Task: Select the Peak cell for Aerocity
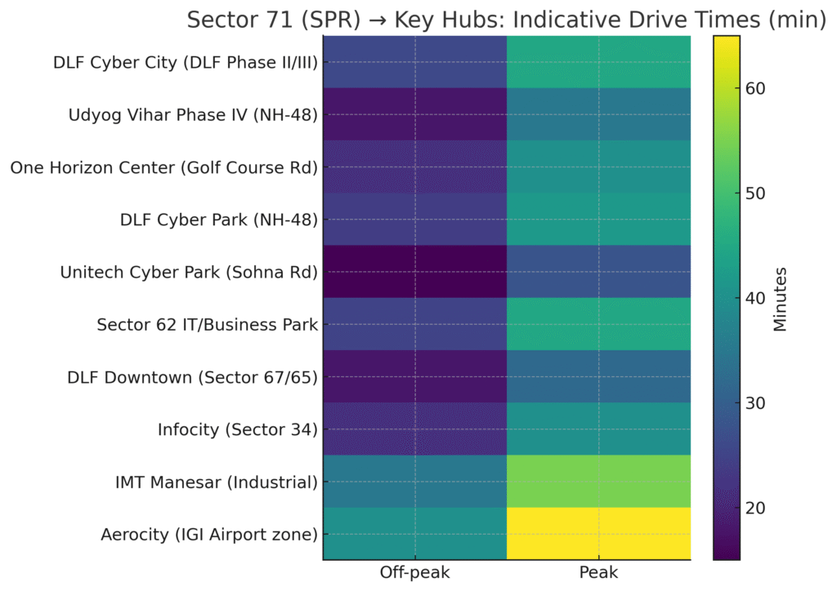tap(599, 534)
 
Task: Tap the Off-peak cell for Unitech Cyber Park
tap(415, 272)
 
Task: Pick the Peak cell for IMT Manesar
tap(599, 482)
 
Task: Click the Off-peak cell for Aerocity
tap(415, 534)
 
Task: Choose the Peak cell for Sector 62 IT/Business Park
tap(599, 324)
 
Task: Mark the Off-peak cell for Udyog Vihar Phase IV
tap(415, 114)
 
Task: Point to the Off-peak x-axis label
tap(415, 574)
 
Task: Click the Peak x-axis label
tap(599, 574)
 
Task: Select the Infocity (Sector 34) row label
tap(237, 429)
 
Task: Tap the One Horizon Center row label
tap(163, 167)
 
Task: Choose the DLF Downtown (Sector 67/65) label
tap(192, 377)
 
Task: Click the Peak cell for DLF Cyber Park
tap(599, 220)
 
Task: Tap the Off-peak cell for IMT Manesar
tap(415, 482)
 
